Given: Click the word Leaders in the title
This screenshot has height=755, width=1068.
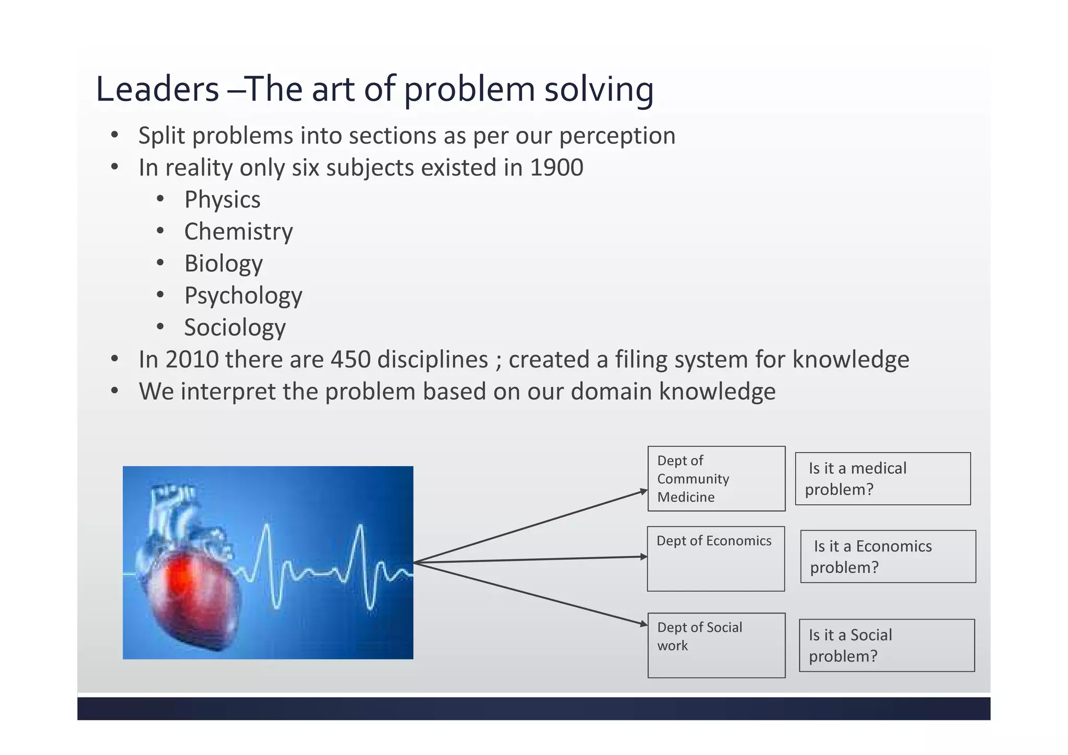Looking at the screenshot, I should pos(157,89).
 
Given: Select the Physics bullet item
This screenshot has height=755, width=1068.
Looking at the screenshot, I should pos(222,200).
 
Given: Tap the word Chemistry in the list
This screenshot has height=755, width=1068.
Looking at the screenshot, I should pos(238,232).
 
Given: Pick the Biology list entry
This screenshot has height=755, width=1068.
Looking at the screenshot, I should pos(223,263).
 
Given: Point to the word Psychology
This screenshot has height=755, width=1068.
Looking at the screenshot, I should pos(243,296).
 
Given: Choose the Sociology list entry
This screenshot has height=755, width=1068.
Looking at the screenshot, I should pos(235,328).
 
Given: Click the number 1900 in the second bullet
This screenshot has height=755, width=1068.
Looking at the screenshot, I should pos(556,168).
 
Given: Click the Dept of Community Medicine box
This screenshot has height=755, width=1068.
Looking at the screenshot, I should pos(716,478).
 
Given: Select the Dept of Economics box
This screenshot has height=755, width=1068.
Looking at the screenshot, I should pos(715,559).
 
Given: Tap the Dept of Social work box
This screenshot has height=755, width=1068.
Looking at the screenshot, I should pos(716,645).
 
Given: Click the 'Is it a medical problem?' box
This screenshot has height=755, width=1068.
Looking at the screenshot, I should pos(882,478).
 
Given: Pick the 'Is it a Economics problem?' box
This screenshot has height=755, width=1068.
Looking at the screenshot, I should pos(888,557).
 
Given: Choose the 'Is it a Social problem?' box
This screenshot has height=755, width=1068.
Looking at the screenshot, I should pos(887,645).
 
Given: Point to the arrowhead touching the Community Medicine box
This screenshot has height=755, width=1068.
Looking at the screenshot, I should pos(644,491).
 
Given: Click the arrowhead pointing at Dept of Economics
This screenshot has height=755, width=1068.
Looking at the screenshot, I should pos(644,557).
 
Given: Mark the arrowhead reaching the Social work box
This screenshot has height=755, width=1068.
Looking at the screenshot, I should pos(644,624).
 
